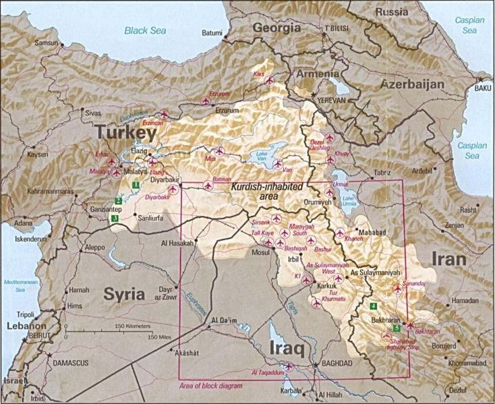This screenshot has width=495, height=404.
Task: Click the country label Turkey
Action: pos(126,134)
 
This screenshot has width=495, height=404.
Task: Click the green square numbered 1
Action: pos(136,184)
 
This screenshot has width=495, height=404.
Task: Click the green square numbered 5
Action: pos(397,328)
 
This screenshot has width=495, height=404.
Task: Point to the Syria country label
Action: pos(124,293)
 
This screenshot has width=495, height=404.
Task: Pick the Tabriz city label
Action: pos(382,173)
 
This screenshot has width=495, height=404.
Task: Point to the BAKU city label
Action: pos(483,88)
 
